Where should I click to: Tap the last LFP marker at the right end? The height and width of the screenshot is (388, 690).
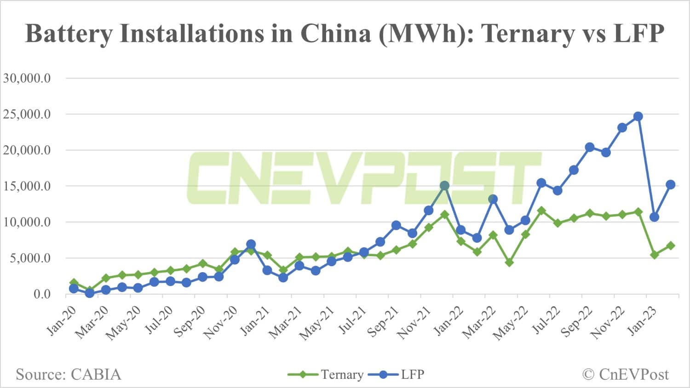tap(670, 184)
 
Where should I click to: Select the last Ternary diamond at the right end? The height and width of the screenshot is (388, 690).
tap(670, 245)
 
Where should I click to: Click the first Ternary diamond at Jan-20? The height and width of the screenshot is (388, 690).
tap(74, 283)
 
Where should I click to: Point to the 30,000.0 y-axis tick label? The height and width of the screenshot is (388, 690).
tap(27, 78)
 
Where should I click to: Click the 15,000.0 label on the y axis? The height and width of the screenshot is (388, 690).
tap(27, 186)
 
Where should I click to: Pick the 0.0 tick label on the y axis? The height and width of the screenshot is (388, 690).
tap(42, 294)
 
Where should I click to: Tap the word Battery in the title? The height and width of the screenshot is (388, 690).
tap(69, 34)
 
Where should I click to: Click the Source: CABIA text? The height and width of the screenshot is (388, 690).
tap(69, 375)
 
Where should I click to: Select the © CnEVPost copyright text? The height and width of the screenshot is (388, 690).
tap(626, 375)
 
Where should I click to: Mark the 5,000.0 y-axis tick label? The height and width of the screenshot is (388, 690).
tap(27, 258)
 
